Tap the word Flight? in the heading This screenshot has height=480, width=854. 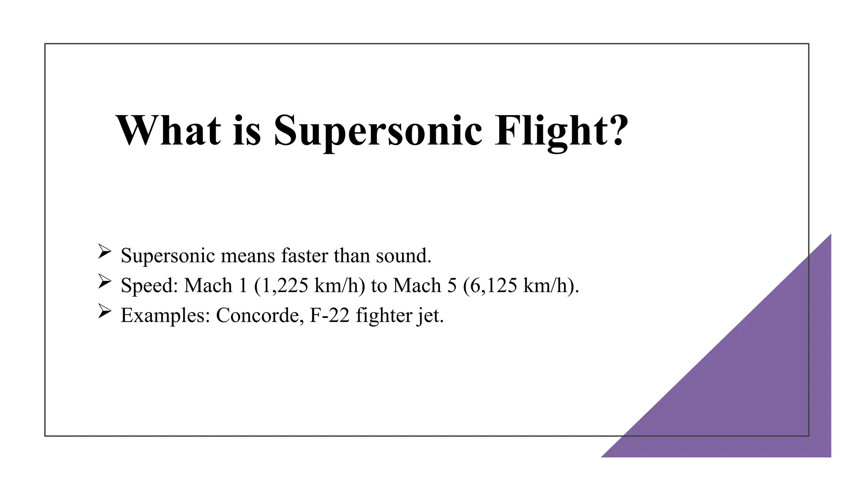[x=561, y=131]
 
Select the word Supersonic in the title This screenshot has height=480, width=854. [x=378, y=131]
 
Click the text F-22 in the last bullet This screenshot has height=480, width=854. [x=329, y=315]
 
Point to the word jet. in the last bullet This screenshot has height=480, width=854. [x=431, y=315]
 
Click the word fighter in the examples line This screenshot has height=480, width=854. [x=384, y=315]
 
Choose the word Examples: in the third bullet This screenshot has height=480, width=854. [x=165, y=315]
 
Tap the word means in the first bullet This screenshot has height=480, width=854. [x=248, y=255]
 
